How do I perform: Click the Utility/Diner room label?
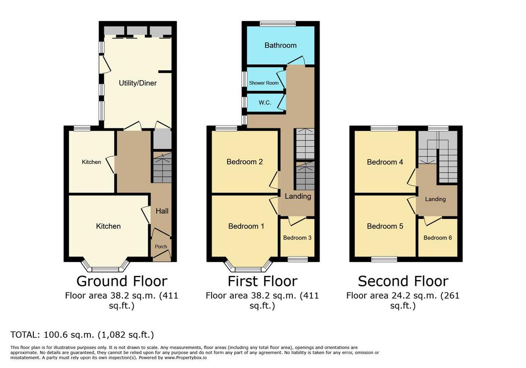(138, 83)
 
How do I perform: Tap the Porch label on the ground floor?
(161, 247)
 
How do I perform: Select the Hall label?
(162, 211)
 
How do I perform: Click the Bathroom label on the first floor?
(280, 45)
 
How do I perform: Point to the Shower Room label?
(264, 83)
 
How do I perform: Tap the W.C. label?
(265, 102)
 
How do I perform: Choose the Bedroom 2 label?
(245, 161)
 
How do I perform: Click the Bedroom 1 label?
(246, 226)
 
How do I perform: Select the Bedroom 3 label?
(297, 238)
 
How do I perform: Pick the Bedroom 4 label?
(385, 162)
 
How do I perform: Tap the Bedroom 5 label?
(385, 226)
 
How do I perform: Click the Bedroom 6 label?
(438, 238)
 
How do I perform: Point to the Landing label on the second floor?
(436, 199)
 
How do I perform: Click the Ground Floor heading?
(122, 281)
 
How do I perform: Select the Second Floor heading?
(403, 281)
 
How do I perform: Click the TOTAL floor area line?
(82, 335)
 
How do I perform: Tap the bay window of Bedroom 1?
(248, 265)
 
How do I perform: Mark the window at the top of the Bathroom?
(278, 24)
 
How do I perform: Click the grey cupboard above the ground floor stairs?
(162, 140)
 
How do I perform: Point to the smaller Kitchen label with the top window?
(91, 162)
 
